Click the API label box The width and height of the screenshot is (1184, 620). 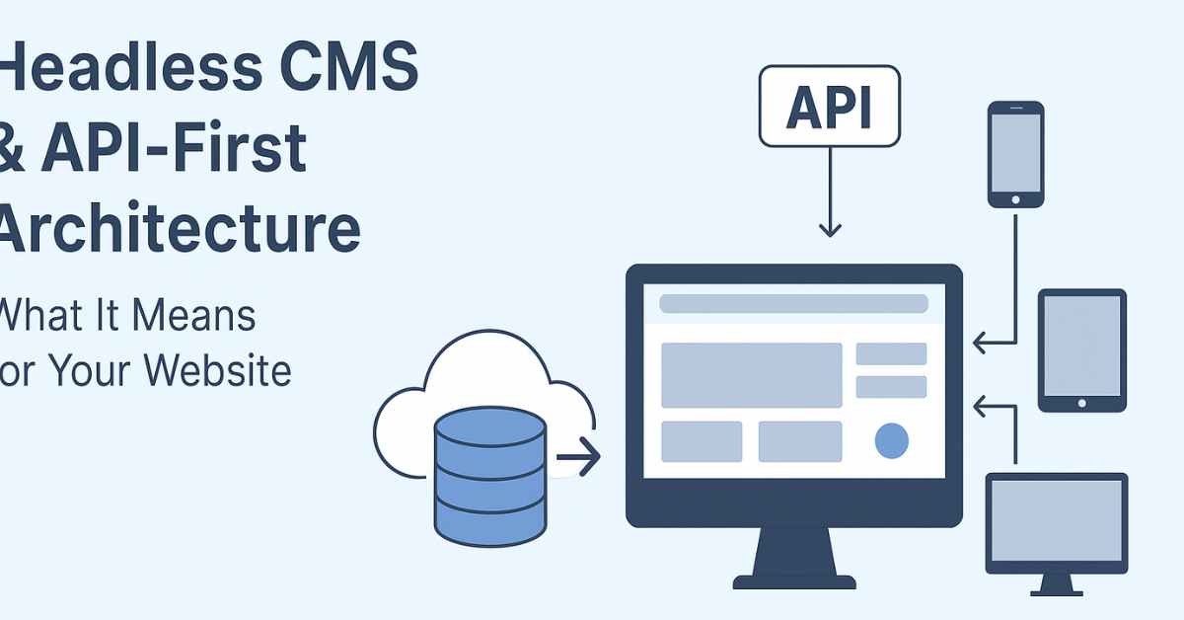pos(829,107)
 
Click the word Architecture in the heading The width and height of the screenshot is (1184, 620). pos(178,230)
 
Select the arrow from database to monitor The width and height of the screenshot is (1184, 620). pos(578,457)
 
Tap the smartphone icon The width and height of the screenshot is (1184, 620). pos(1015,154)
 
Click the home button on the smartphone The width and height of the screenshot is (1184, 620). pos(1015,198)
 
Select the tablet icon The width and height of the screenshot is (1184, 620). pos(1081,349)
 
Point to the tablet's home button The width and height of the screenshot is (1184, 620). pos(1081,403)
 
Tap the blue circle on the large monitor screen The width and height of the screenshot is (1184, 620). pos(891,441)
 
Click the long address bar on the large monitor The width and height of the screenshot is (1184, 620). pos(793,304)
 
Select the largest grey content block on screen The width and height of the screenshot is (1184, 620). pos(751,375)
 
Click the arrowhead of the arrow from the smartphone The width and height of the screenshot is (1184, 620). pos(979,343)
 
